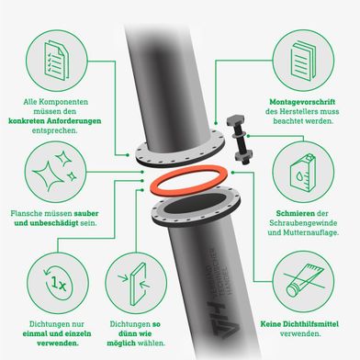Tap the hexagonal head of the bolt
tap(235, 120)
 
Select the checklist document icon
tap(57, 60)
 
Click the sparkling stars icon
tap(55, 172)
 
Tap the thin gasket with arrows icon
tap(135, 283)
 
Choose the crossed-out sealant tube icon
tap(304, 281)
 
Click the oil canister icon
tap(303, 173)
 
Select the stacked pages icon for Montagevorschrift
tap(303, 61)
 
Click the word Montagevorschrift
tap(302, 102)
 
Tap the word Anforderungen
tap(73, 120)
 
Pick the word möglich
tap(121, 343)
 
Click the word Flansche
tap(26, 213)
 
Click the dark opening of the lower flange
tap(196, 204)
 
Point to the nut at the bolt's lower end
tap(243, 156)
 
